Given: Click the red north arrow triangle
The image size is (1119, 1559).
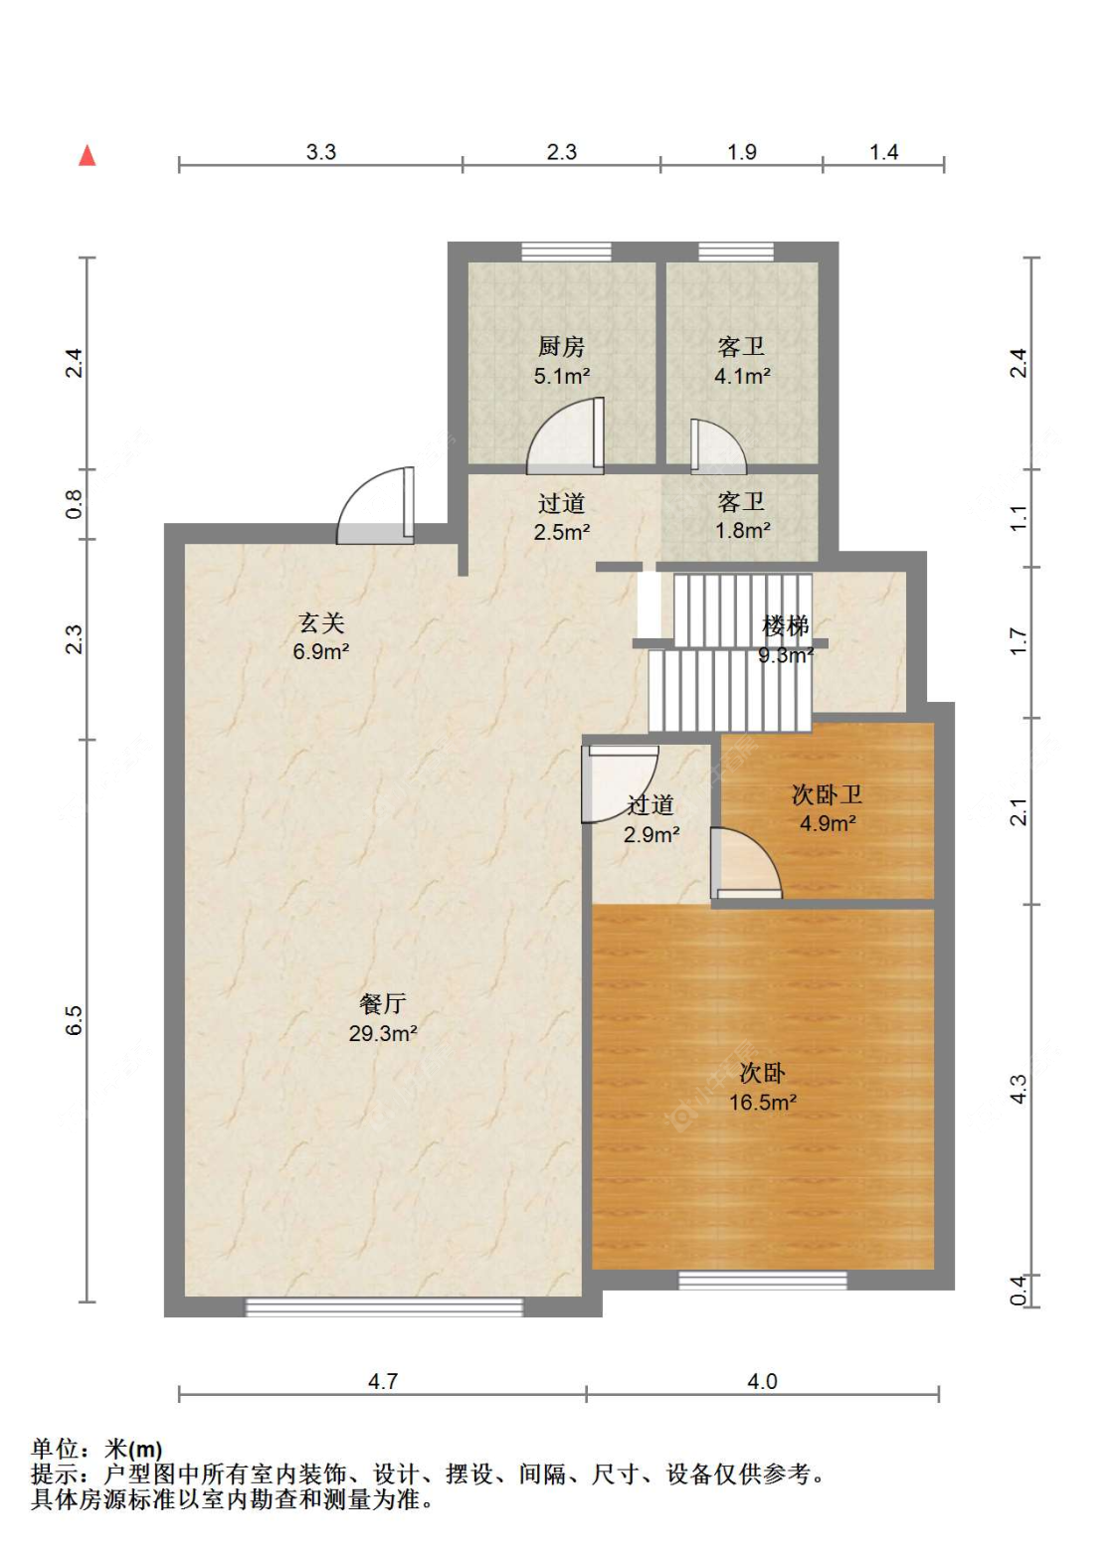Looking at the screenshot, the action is tap(88, 155).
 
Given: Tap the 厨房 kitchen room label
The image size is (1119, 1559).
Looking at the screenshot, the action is tap(561, 346).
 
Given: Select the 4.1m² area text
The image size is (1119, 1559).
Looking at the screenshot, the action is tap(742, 376).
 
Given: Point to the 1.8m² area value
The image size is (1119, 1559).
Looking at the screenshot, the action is tap(742, 530).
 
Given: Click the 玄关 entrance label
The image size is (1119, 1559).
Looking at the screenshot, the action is tap(321, 622).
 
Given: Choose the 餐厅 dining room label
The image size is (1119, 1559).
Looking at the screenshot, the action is tap(382, 1003).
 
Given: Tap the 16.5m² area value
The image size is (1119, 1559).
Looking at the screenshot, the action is tap(763, 1102).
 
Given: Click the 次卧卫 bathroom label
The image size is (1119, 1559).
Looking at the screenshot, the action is tap(828, 794).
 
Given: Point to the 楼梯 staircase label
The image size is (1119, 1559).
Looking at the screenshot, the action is tap(786, 625).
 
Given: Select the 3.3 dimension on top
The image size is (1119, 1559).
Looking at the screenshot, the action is tap(321, 152).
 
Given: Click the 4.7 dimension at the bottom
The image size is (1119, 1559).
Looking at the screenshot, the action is tap(382, 1381).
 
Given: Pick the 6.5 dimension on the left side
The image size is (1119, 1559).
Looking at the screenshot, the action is tap(74, 1020).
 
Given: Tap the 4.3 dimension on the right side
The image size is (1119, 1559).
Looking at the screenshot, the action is tap(1018, 1089).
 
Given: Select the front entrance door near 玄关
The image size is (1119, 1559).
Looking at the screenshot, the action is tap(375, 505).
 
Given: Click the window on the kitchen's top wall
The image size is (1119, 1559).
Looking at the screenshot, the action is tap(566, 252).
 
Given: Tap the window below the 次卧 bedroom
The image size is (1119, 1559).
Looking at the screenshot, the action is tap(763, 1280).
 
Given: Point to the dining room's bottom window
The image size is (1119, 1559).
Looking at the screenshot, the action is tap(384, 1306).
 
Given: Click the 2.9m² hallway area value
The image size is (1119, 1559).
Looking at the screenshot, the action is tap(652, 834).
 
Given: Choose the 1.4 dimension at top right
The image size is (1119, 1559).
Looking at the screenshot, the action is tap(883, 152).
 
